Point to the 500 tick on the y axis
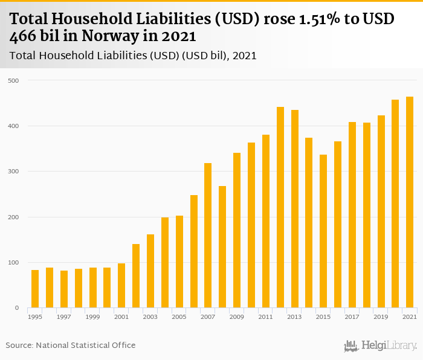(x=13, y=80)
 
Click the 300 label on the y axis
(x=13, y=172)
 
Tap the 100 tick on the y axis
(x=13, y=263)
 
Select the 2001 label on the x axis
(x=121, y=317)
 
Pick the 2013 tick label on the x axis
(x=294, y=317)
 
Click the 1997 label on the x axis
(x=64, y=317)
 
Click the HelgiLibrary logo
(x=381, y=346)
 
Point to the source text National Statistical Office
(x=86, y=346)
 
